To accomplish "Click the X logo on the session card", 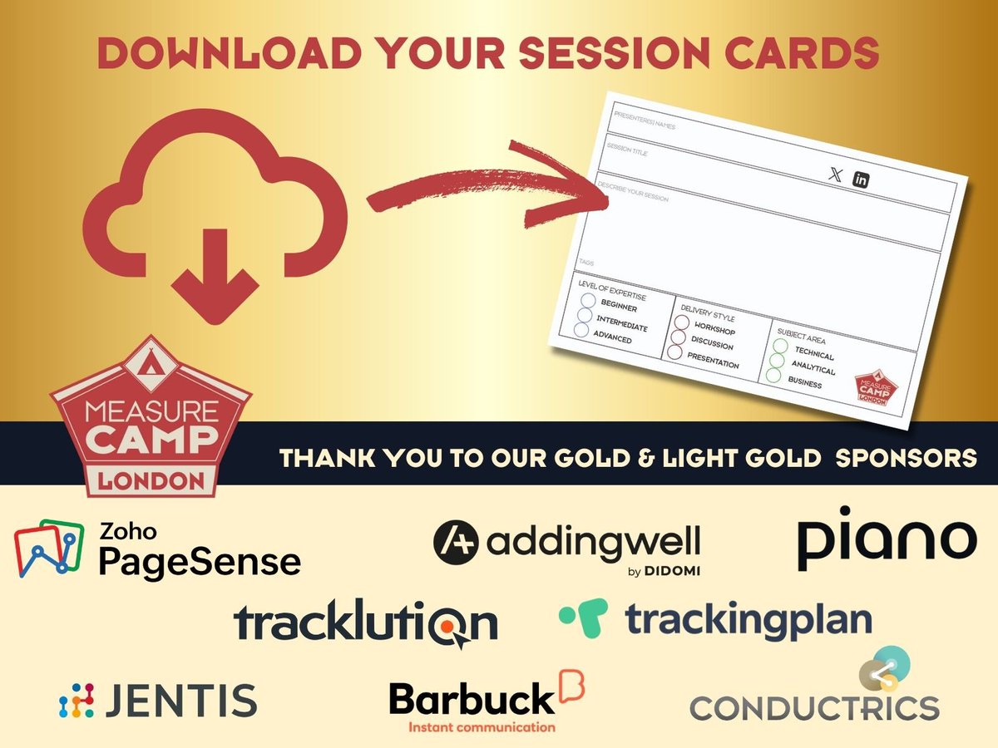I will (x=836, y=175).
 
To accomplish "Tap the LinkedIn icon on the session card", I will (x=861, y=180).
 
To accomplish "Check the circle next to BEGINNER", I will (x=588, y=301).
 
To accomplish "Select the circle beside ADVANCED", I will (x=581, y=330).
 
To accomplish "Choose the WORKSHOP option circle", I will (x=682, y=322).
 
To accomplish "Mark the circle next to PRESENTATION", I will (x=674, y=352).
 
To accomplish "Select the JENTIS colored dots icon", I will (x=76, y=701).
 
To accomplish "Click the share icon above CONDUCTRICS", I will (x=884, y=671).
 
